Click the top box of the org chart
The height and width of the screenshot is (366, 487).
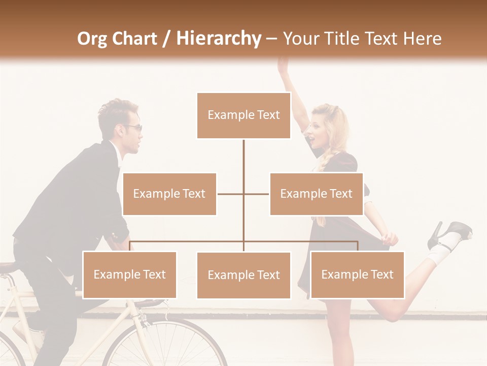(243, 115)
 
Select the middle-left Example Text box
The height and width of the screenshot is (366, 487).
(169, 194)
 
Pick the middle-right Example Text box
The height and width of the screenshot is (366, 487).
(316, 194)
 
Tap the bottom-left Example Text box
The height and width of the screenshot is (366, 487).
(129, 274)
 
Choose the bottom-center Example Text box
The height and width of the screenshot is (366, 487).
(243, 275)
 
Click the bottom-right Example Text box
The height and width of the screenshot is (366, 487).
(357, 274)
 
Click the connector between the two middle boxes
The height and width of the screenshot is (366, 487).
(243, 194)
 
